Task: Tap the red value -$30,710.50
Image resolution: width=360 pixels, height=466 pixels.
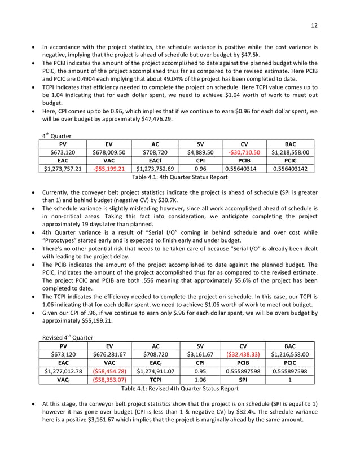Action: (x=243, y=152)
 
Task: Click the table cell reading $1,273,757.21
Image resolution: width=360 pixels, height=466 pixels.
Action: (x=62, y=168)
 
